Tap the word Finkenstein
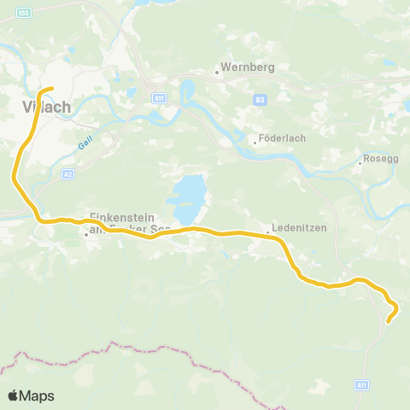coord(120,218)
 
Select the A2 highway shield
coord(68,173)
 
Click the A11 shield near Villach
coord(158,99)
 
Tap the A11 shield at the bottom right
coord(363,386)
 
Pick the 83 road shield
coord(260,100)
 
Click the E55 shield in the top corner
coord(23,12)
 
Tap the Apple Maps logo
coord(32,395)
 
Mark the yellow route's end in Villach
coord(52,88)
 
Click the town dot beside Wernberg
coord(218,73)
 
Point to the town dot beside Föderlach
coord(255,143)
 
